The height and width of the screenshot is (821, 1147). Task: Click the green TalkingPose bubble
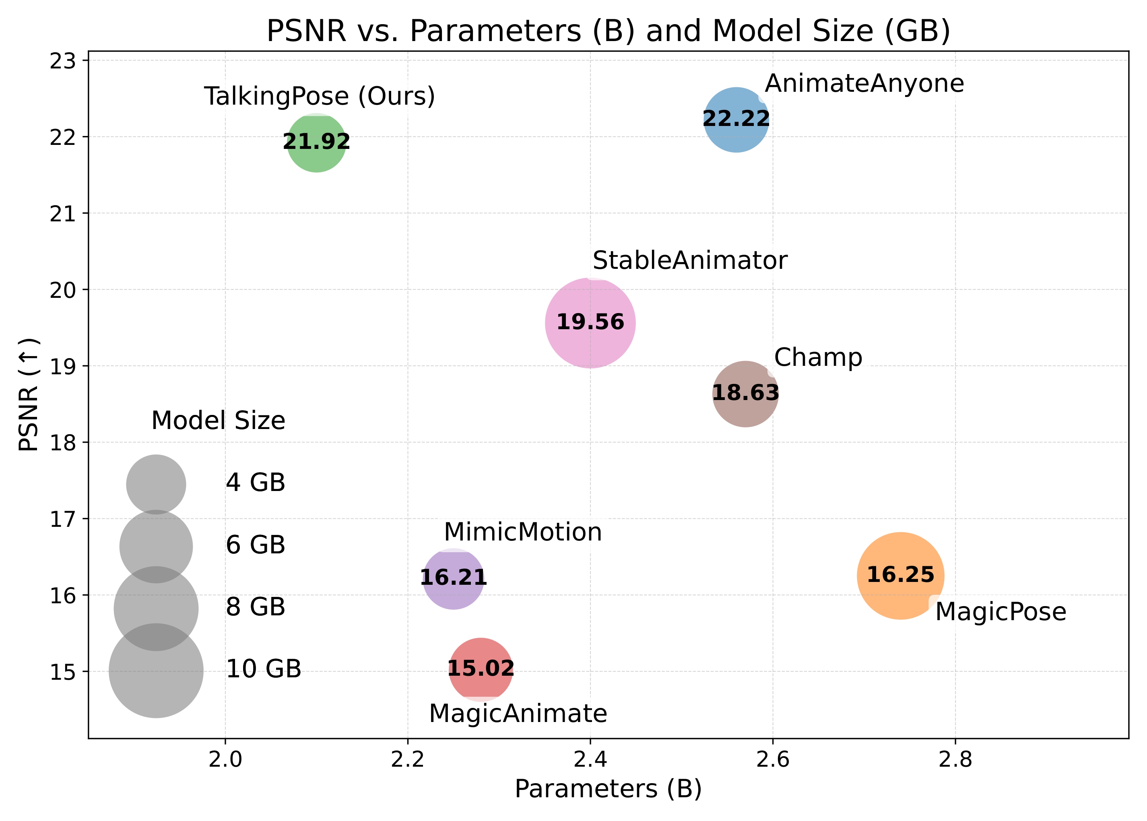coord(316,143)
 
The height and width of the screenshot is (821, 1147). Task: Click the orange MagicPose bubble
coord(900,576)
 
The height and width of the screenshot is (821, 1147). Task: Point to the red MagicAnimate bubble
coord(481,669)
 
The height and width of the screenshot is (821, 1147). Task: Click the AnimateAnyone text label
coord(864,83)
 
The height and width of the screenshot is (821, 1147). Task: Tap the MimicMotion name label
coord(523,532)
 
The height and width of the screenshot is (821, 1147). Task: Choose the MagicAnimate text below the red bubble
coord(518,713)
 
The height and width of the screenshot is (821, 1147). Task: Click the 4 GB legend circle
coord(156,484)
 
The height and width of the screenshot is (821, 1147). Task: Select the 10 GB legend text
coord(263,669)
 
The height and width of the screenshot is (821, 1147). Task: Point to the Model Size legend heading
coord(218,421)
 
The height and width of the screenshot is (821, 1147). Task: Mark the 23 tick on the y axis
coord(62,61)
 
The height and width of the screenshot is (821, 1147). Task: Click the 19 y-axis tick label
coord(62,367)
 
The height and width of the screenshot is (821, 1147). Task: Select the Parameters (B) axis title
coord(608,789)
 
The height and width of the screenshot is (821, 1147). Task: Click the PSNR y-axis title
coord(29,394)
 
